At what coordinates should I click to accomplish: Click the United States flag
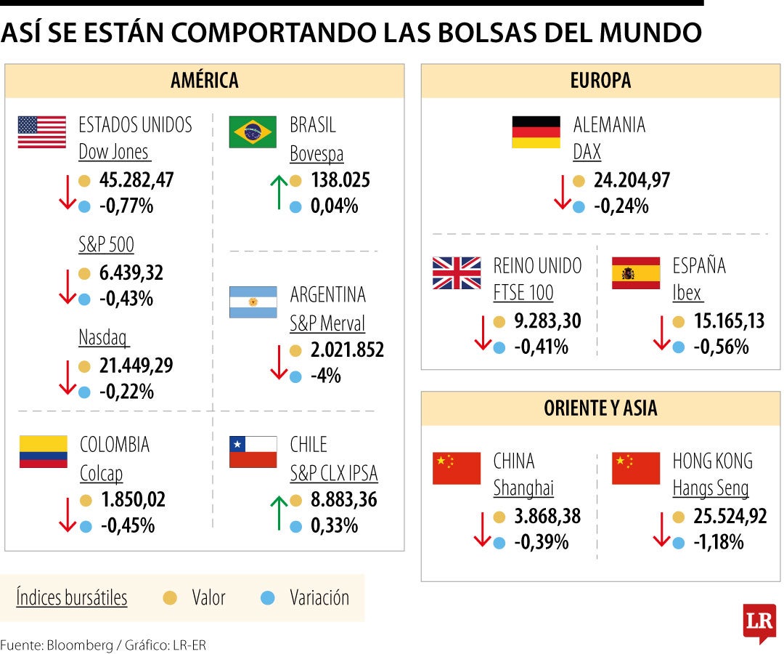pyautogui.click(x=41, y=132)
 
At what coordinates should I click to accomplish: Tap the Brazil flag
pyautogui.click(x=253, y=132)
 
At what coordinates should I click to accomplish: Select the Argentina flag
pyautogui.click(x=253, y=302)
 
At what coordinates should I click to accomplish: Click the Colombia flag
pyautogui.click(x=43, y=451)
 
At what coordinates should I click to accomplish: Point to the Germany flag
pyautogui.click(x=536, y=132)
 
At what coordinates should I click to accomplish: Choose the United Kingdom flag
pyautogui.click(x=457, y=273)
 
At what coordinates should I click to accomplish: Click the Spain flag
pyautogui.click(x=636, y=273)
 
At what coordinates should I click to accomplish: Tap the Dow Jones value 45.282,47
pyautogui.click(x=136, y=180)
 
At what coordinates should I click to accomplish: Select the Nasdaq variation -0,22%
pyautogui.click(x=126, y=392)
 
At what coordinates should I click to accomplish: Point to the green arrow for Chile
pyautogui.click(x=279, y=512)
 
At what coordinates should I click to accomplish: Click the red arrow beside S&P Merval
pyautogui.click(x=279, y=363)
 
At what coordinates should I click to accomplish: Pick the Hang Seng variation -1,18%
pyautogui.click(x=719, y=542)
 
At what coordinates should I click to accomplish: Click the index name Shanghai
pyautogui.click(x=523, y=488)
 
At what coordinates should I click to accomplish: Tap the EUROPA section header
pyautogui.click(x=600, y=81)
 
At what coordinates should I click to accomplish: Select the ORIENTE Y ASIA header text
pyautogui.click(x=600, y=408)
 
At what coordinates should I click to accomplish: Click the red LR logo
pyautogui.click(x=759, y=622)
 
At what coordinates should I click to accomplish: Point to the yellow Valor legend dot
pyautogui.click(x=171, y=598)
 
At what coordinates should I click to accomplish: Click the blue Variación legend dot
pyautogui.click(x=268, y=598)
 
